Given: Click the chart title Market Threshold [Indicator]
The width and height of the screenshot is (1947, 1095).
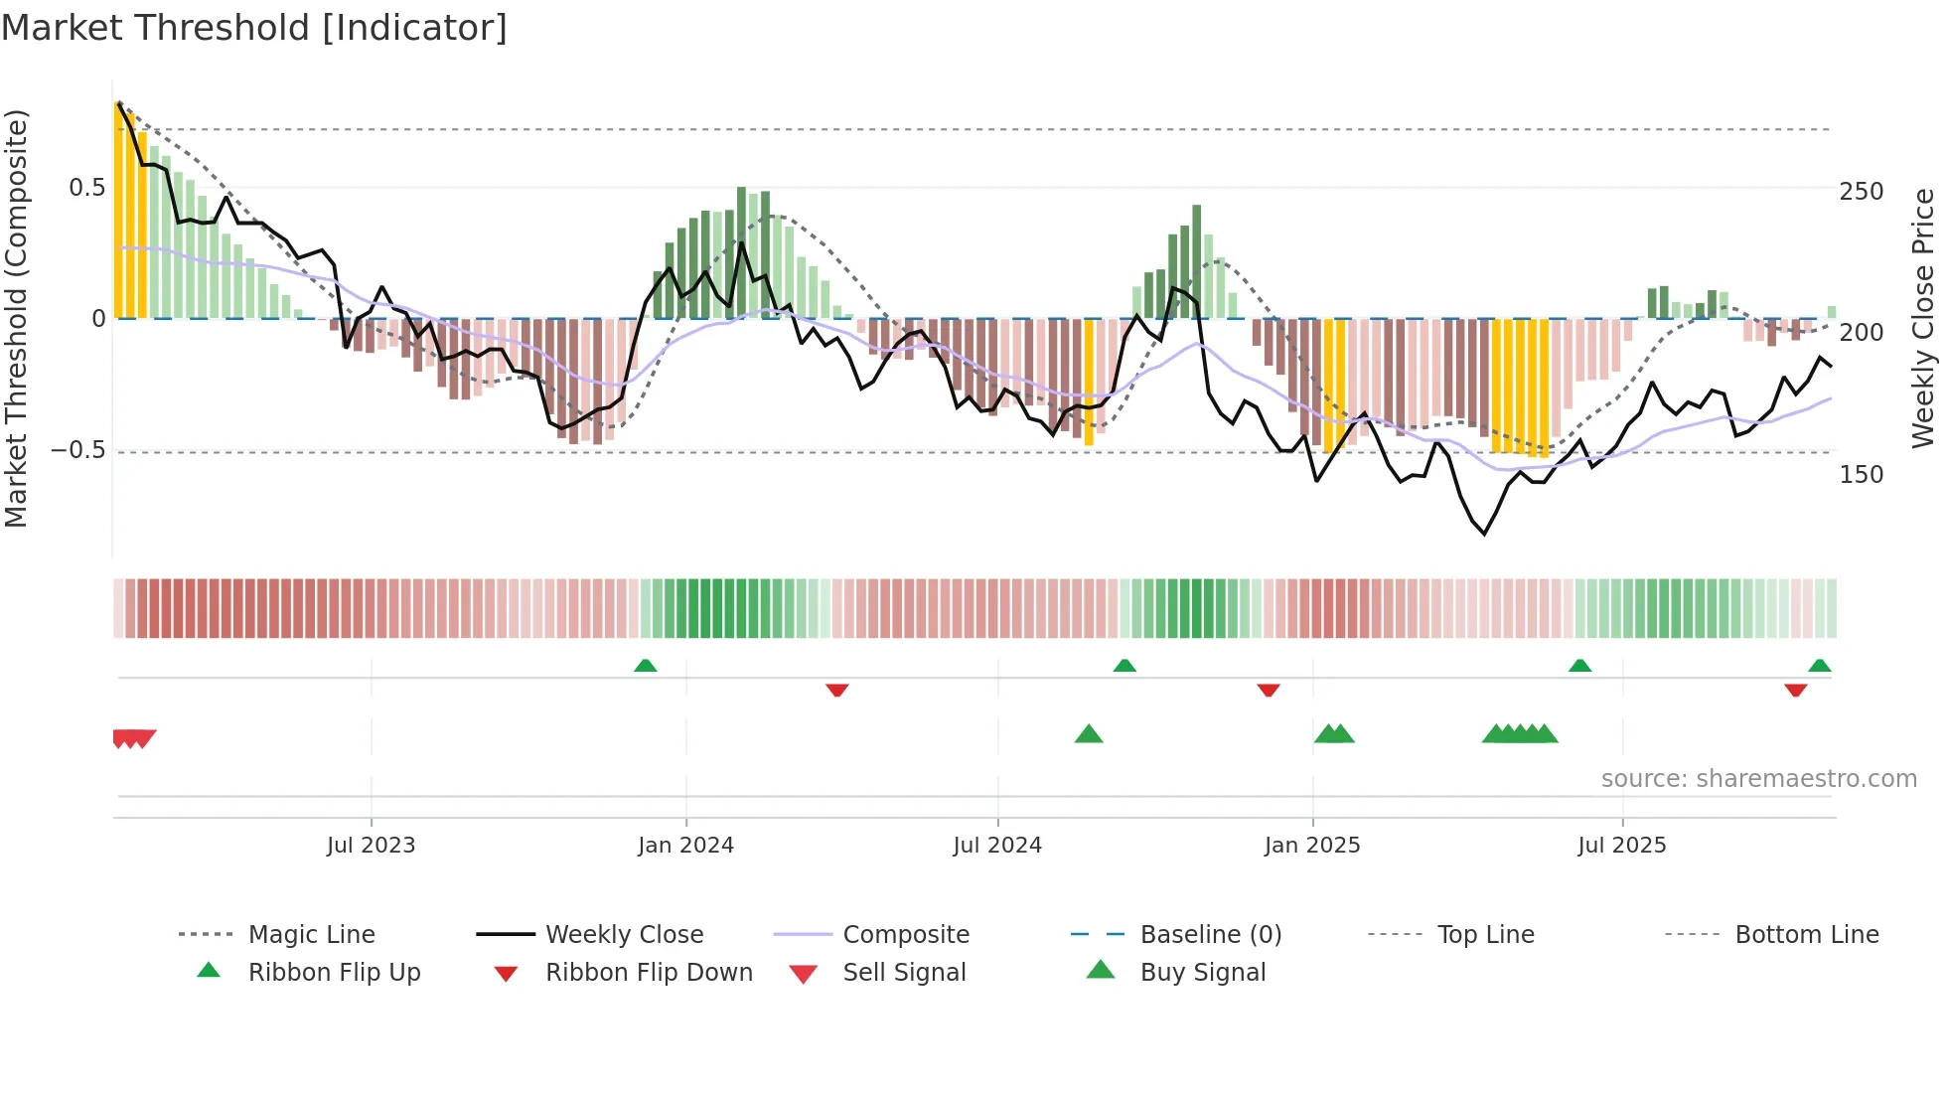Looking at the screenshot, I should point(254,28).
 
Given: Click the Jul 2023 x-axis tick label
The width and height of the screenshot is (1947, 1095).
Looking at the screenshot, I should point(371,846).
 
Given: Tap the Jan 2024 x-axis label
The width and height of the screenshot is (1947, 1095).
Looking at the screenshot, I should point(685,846).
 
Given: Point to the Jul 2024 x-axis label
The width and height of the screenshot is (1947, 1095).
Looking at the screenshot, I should point(997,846).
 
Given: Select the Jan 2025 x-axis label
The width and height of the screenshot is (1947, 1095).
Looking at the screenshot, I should point(1312,846).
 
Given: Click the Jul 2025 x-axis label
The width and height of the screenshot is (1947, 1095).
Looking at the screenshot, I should point(1622,846).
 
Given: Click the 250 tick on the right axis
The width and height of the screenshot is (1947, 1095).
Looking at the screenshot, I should point(1861,191).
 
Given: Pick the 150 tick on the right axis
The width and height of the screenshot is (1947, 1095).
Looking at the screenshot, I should point(1861,475).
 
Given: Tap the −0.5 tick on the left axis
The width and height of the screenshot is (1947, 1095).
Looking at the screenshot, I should point(77,450).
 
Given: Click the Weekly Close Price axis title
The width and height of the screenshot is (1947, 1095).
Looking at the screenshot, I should point(1923,318).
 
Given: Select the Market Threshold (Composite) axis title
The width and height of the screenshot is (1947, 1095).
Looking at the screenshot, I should point(16,318).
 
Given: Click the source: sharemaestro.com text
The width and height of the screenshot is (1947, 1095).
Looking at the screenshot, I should point(1758,779).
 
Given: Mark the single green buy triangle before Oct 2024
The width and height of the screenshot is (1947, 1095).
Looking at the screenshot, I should point(1089,734).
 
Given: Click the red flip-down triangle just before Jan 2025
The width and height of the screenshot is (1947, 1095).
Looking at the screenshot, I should point(1269,690).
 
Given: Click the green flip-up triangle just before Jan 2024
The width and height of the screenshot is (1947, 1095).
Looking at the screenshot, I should point(646,666).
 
